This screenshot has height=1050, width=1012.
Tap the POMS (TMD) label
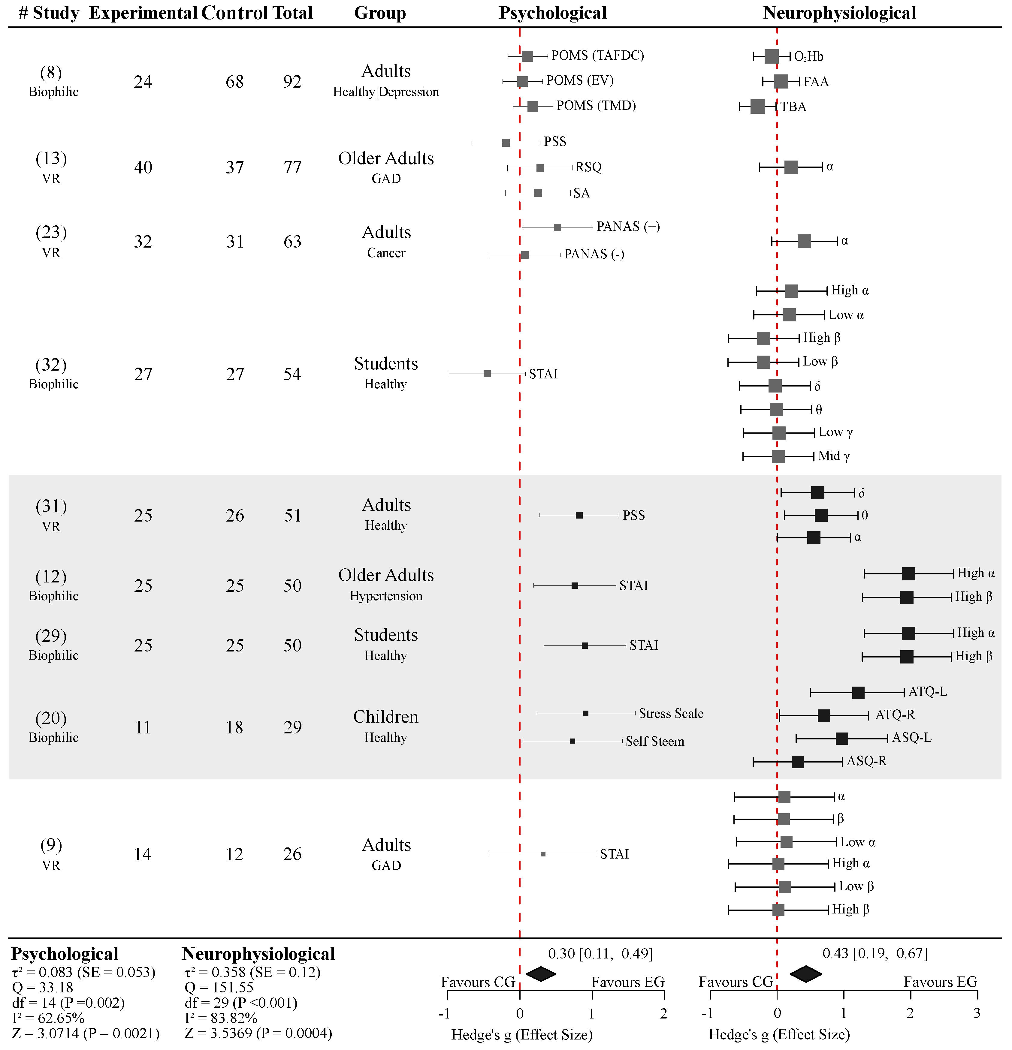pyautogui.click(x=596, y=106)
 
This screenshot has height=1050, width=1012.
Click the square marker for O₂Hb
pyautogui.click(x=771, y=56)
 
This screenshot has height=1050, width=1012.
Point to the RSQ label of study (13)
pyautogui.click(x=588, y=167)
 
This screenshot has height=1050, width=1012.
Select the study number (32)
pyautogui.click(x=51, y=365)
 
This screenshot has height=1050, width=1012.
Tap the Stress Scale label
pyautogui.click(x=671, y=714)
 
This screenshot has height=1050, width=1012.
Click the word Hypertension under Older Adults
pyautogui.click(x=386, y=596)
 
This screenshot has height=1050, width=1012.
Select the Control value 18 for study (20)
pyautogui.click(x=234, y=727)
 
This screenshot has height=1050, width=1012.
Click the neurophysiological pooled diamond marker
pyautogui.click(x=806, y=974)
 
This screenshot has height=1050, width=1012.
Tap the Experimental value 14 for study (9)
pyautogui.click(x=143, y=854)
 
